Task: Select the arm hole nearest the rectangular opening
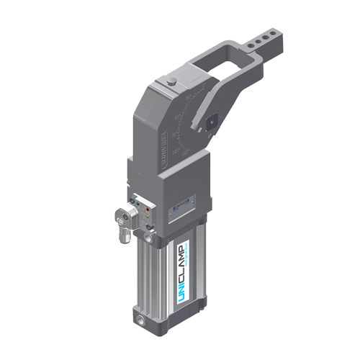click(253, 48)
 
